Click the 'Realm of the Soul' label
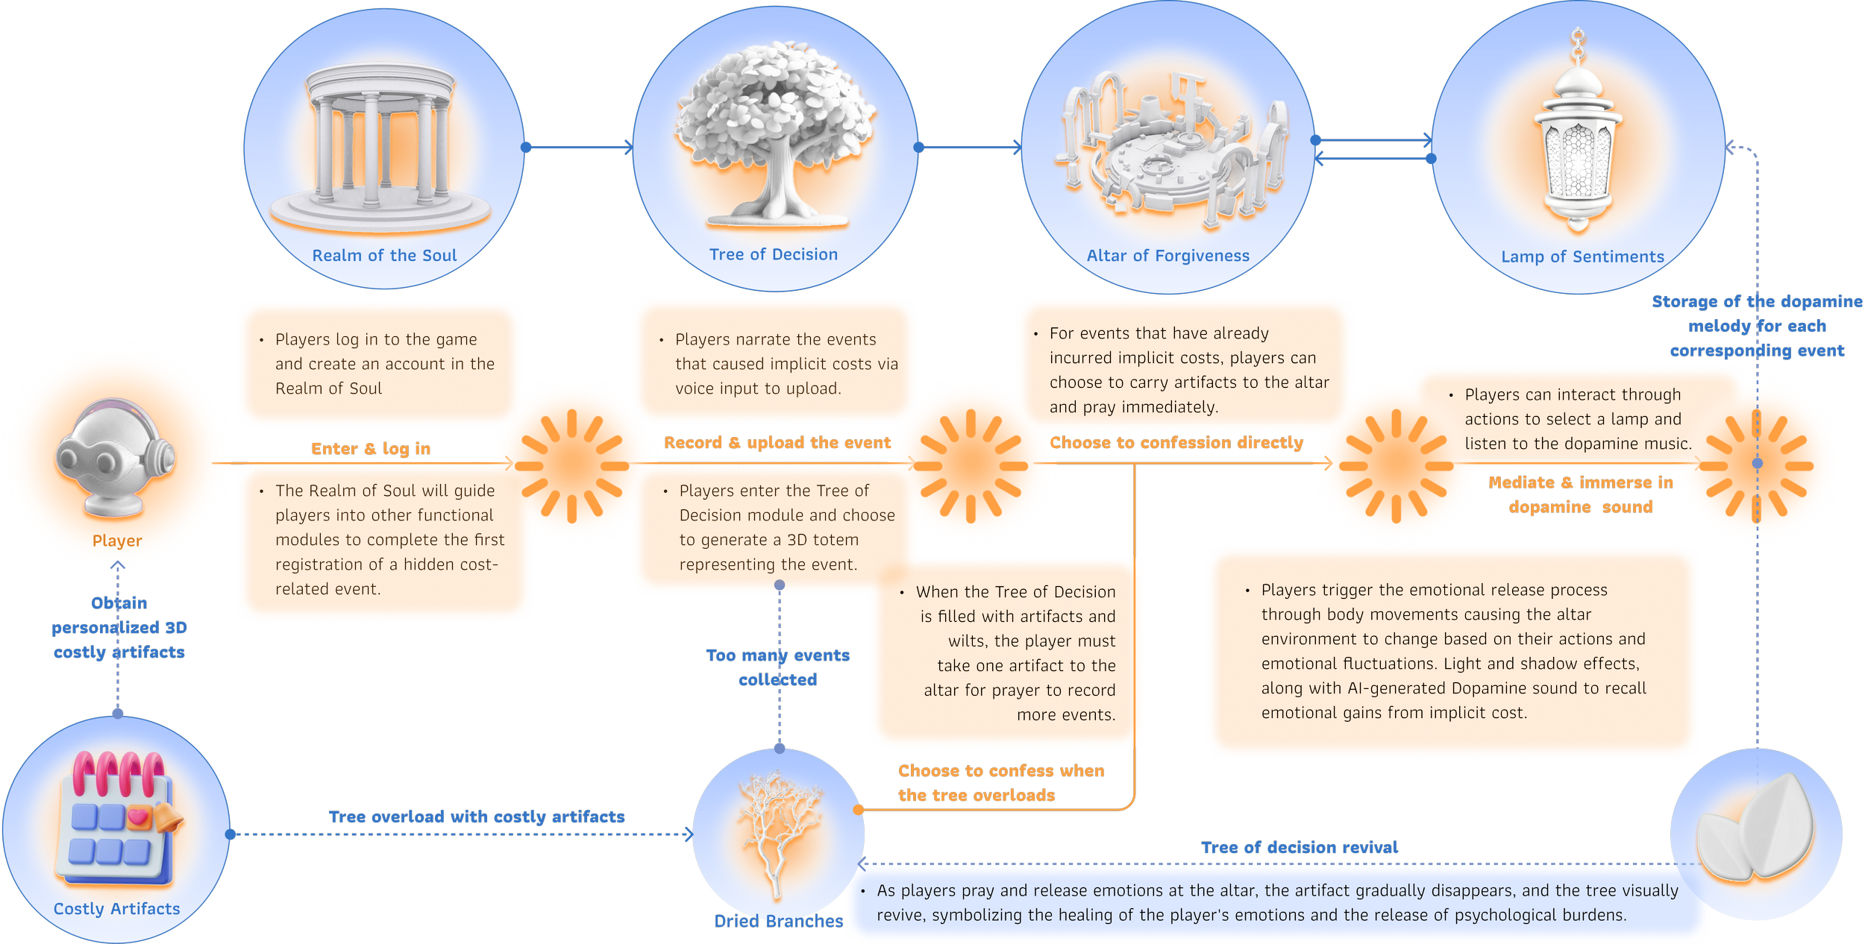(x=384, y=256)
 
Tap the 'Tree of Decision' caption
(x=774, y=255)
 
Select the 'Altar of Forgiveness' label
(x=1167, y=257)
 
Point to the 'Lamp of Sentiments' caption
(x=1582, y=257)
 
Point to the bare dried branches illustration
(x=777, y=831)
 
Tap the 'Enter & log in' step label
(x=371, y=449)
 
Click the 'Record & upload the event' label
(x=777, y=443)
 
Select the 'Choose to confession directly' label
(x=1176, y=443)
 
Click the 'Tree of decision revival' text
(x=1300, y=848)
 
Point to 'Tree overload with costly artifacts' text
(x=477, y=817)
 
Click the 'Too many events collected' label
(x=778, y=667)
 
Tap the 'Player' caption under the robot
(x=117, y=541)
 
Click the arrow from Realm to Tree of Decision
(x=579, y=148)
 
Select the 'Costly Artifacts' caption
(x=117, y=909)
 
